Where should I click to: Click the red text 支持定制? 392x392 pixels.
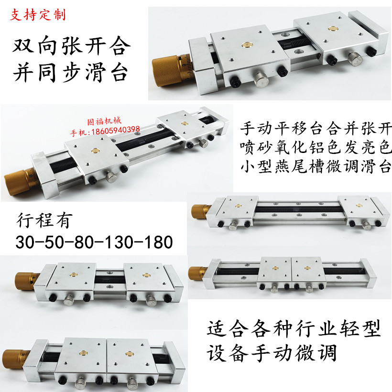tap(38, 14)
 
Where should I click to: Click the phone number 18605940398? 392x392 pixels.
tap(115, 129)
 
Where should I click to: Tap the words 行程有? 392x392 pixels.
tap(44, 221)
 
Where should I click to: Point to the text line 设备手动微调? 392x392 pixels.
tap(272, 353)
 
